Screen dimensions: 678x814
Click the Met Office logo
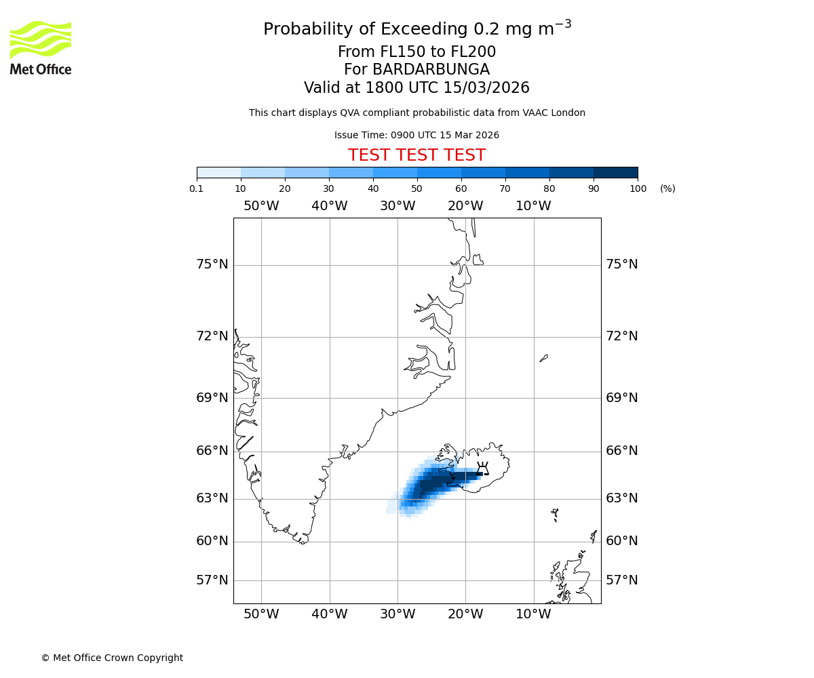point(41,47)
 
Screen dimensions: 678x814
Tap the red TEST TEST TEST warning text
point(416,156)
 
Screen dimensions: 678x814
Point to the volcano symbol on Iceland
point(482,468)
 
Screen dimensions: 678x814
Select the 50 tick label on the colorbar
point(416,188)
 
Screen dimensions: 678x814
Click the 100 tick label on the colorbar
point(638,188)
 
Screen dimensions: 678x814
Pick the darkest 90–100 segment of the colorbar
point(615,172)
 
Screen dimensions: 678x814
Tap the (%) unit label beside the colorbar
point(667,188)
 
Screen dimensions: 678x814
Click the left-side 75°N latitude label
point(212,264)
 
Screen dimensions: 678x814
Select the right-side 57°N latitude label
point(621,580)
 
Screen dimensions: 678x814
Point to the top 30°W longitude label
point(398,206)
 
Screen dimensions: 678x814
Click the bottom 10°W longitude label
point(533,614)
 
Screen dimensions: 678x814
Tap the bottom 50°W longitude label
point(261,614)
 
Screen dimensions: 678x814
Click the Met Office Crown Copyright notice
point(112,658)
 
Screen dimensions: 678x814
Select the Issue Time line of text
point(416,136)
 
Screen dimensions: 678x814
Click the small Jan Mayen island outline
point(543,358)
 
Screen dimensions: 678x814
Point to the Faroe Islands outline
point(555,514)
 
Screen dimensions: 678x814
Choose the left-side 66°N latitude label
point(212,451)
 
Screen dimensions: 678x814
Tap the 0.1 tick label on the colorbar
point(197,188)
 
